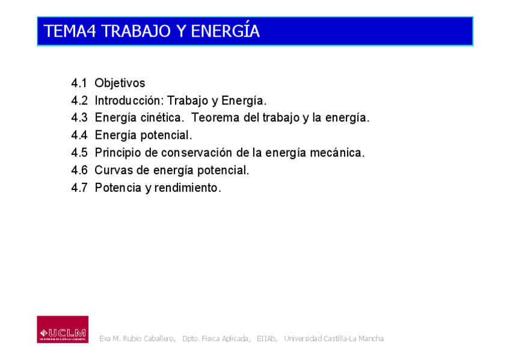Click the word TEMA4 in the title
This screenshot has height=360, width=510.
point(70,31)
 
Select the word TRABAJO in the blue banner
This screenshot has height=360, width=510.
point(136,31)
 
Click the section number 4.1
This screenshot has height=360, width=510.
point(79,83)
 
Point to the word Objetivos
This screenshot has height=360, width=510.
point(120,83)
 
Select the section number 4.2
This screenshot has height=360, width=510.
point(79,100)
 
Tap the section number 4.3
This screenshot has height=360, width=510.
point(79,117)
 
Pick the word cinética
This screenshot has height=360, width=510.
point(162,117)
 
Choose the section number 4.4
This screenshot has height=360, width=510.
point(79,135)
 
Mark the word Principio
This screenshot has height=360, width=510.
point(118,153)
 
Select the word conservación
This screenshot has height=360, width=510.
point(197,153)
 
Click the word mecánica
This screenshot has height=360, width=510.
point(337,153)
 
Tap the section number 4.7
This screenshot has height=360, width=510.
point(79,188)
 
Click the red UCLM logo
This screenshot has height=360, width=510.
point(63,329)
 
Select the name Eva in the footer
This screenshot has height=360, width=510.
point(105,338)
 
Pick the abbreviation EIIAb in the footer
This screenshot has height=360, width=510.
point(266,338)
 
